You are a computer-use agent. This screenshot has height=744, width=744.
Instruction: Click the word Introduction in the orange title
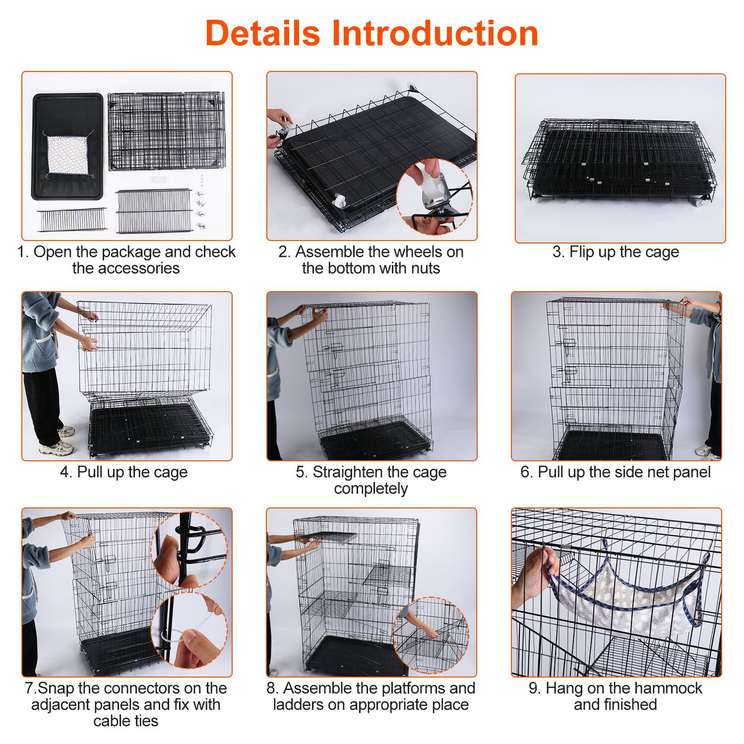tap(435, 33)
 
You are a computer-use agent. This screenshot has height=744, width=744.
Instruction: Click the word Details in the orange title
tap(263, 33)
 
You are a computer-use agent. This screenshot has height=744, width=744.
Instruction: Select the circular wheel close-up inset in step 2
tap(434, 196)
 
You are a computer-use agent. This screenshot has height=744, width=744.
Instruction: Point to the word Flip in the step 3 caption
tap(582, 252)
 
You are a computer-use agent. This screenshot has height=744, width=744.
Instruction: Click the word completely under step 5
tap(371, 489)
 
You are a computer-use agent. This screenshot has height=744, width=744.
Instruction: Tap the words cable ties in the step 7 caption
tap(125, 721)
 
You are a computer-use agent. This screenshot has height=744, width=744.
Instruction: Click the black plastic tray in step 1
tap(69, 147)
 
